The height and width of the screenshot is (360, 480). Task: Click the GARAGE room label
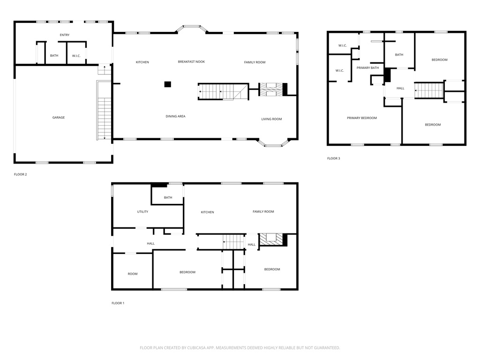point(59,118)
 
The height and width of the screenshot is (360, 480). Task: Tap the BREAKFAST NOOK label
point(191,62)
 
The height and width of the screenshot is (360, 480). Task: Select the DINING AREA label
point(175,116)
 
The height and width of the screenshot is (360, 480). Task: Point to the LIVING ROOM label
point(271,119)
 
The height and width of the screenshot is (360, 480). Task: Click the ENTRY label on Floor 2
point(65,35)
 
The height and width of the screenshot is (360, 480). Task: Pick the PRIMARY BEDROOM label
point(362,118)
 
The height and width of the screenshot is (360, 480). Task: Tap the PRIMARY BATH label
point(367,67)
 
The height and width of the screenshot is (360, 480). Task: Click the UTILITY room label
point(142,211)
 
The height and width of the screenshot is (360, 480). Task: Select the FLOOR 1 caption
point(118,303)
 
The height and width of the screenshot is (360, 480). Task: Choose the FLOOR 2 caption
point(21,174)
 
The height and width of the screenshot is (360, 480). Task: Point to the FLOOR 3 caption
point(334,158)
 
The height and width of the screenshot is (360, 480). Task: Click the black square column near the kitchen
point(167,84)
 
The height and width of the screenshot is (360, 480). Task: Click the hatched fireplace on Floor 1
point(271,240)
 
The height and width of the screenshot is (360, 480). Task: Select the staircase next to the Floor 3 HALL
point(429,90)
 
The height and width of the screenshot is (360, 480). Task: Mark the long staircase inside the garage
point(105,111)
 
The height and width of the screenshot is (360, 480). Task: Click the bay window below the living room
point(273,143)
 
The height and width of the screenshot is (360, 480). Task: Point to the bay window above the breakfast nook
point(192,29)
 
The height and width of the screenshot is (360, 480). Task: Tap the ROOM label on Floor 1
point(133,274)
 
